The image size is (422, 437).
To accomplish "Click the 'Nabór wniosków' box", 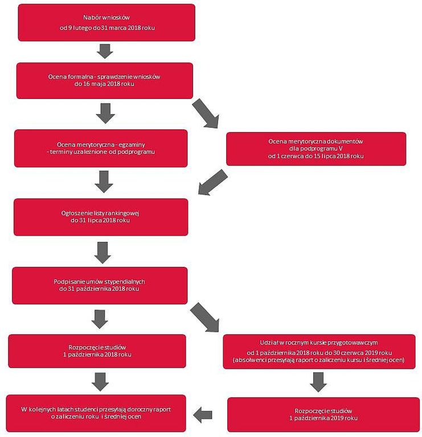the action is [x=106, y=23].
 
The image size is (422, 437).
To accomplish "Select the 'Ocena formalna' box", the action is [x=105, y=81].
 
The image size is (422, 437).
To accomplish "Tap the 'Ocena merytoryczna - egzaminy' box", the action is [x=101, y=149].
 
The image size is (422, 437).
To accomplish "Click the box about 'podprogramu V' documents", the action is [x=316, y=149].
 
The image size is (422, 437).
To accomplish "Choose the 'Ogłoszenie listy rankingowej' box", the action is [x=101, y=217].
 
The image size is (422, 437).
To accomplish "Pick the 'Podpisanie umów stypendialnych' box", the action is [x=100, y=286].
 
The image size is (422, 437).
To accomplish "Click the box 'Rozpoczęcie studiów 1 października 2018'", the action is [x=97, y=351].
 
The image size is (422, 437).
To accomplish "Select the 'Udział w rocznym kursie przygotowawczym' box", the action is [x=319, y=352].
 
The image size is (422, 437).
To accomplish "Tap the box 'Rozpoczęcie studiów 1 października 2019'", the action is [x=323, y=415].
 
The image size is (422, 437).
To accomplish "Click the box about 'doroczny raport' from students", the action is [x=96, y=413].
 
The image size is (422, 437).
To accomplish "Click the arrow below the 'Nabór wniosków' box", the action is [x=105, y=51].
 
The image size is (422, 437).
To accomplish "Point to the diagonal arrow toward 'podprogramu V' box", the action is [x=206, y=114].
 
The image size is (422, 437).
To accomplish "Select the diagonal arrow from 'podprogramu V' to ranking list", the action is [x=212, y=182].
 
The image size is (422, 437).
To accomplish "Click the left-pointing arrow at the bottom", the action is [x=203, y=415].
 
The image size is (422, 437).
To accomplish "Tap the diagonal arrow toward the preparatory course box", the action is [x=205, y=318].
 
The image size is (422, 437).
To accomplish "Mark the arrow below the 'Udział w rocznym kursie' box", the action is [x=318, y=382].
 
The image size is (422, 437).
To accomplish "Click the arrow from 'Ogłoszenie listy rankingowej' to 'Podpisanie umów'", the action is [x=103, y=253].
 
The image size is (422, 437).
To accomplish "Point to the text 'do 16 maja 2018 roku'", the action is [x=104, y=84].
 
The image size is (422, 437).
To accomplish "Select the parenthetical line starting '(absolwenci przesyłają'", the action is [x=319, y=360].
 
